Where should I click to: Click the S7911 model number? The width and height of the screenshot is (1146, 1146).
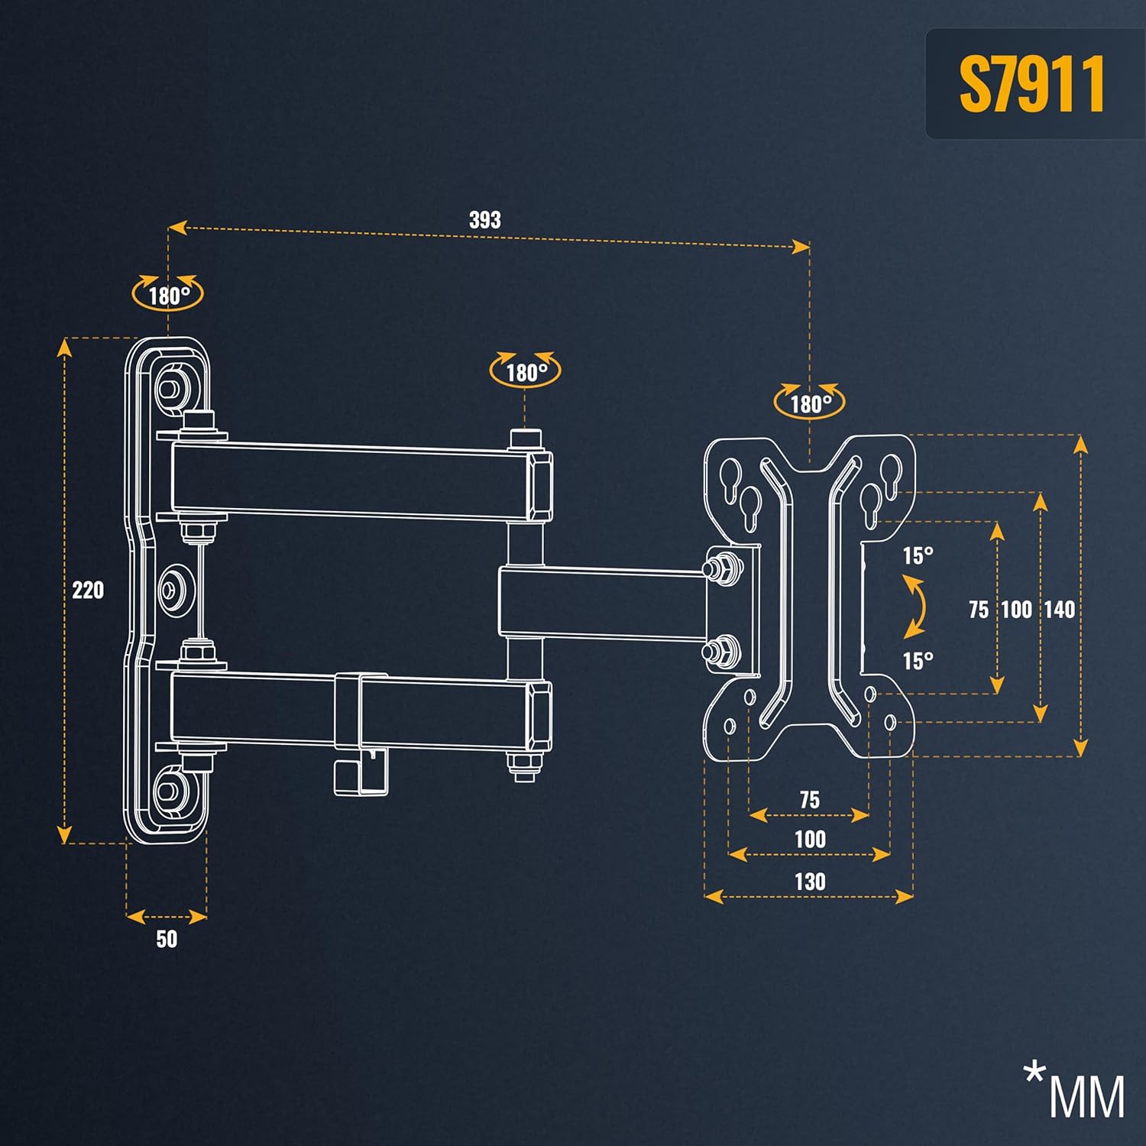click(x=1031, y=84)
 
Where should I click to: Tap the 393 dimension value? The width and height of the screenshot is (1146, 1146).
click(x=485, y=220)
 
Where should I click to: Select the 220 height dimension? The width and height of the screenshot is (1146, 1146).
click(x=88, y=590)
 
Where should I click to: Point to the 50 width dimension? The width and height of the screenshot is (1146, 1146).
click(x=167, y=939)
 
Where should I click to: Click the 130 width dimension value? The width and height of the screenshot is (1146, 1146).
click(x=810, y=882)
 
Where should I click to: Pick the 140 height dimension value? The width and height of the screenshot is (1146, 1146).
click(x=1060, y=610)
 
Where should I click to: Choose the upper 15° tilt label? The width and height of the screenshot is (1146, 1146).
click(x=918, y=555)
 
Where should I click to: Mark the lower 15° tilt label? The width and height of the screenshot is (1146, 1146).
click(x=918, y=661)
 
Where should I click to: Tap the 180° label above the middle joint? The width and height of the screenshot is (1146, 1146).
click(x=526, y=373)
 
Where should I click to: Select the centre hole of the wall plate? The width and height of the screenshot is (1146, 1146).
click(x=176, y=589)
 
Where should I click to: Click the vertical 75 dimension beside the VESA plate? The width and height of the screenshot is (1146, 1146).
click(x=979, y=610)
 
